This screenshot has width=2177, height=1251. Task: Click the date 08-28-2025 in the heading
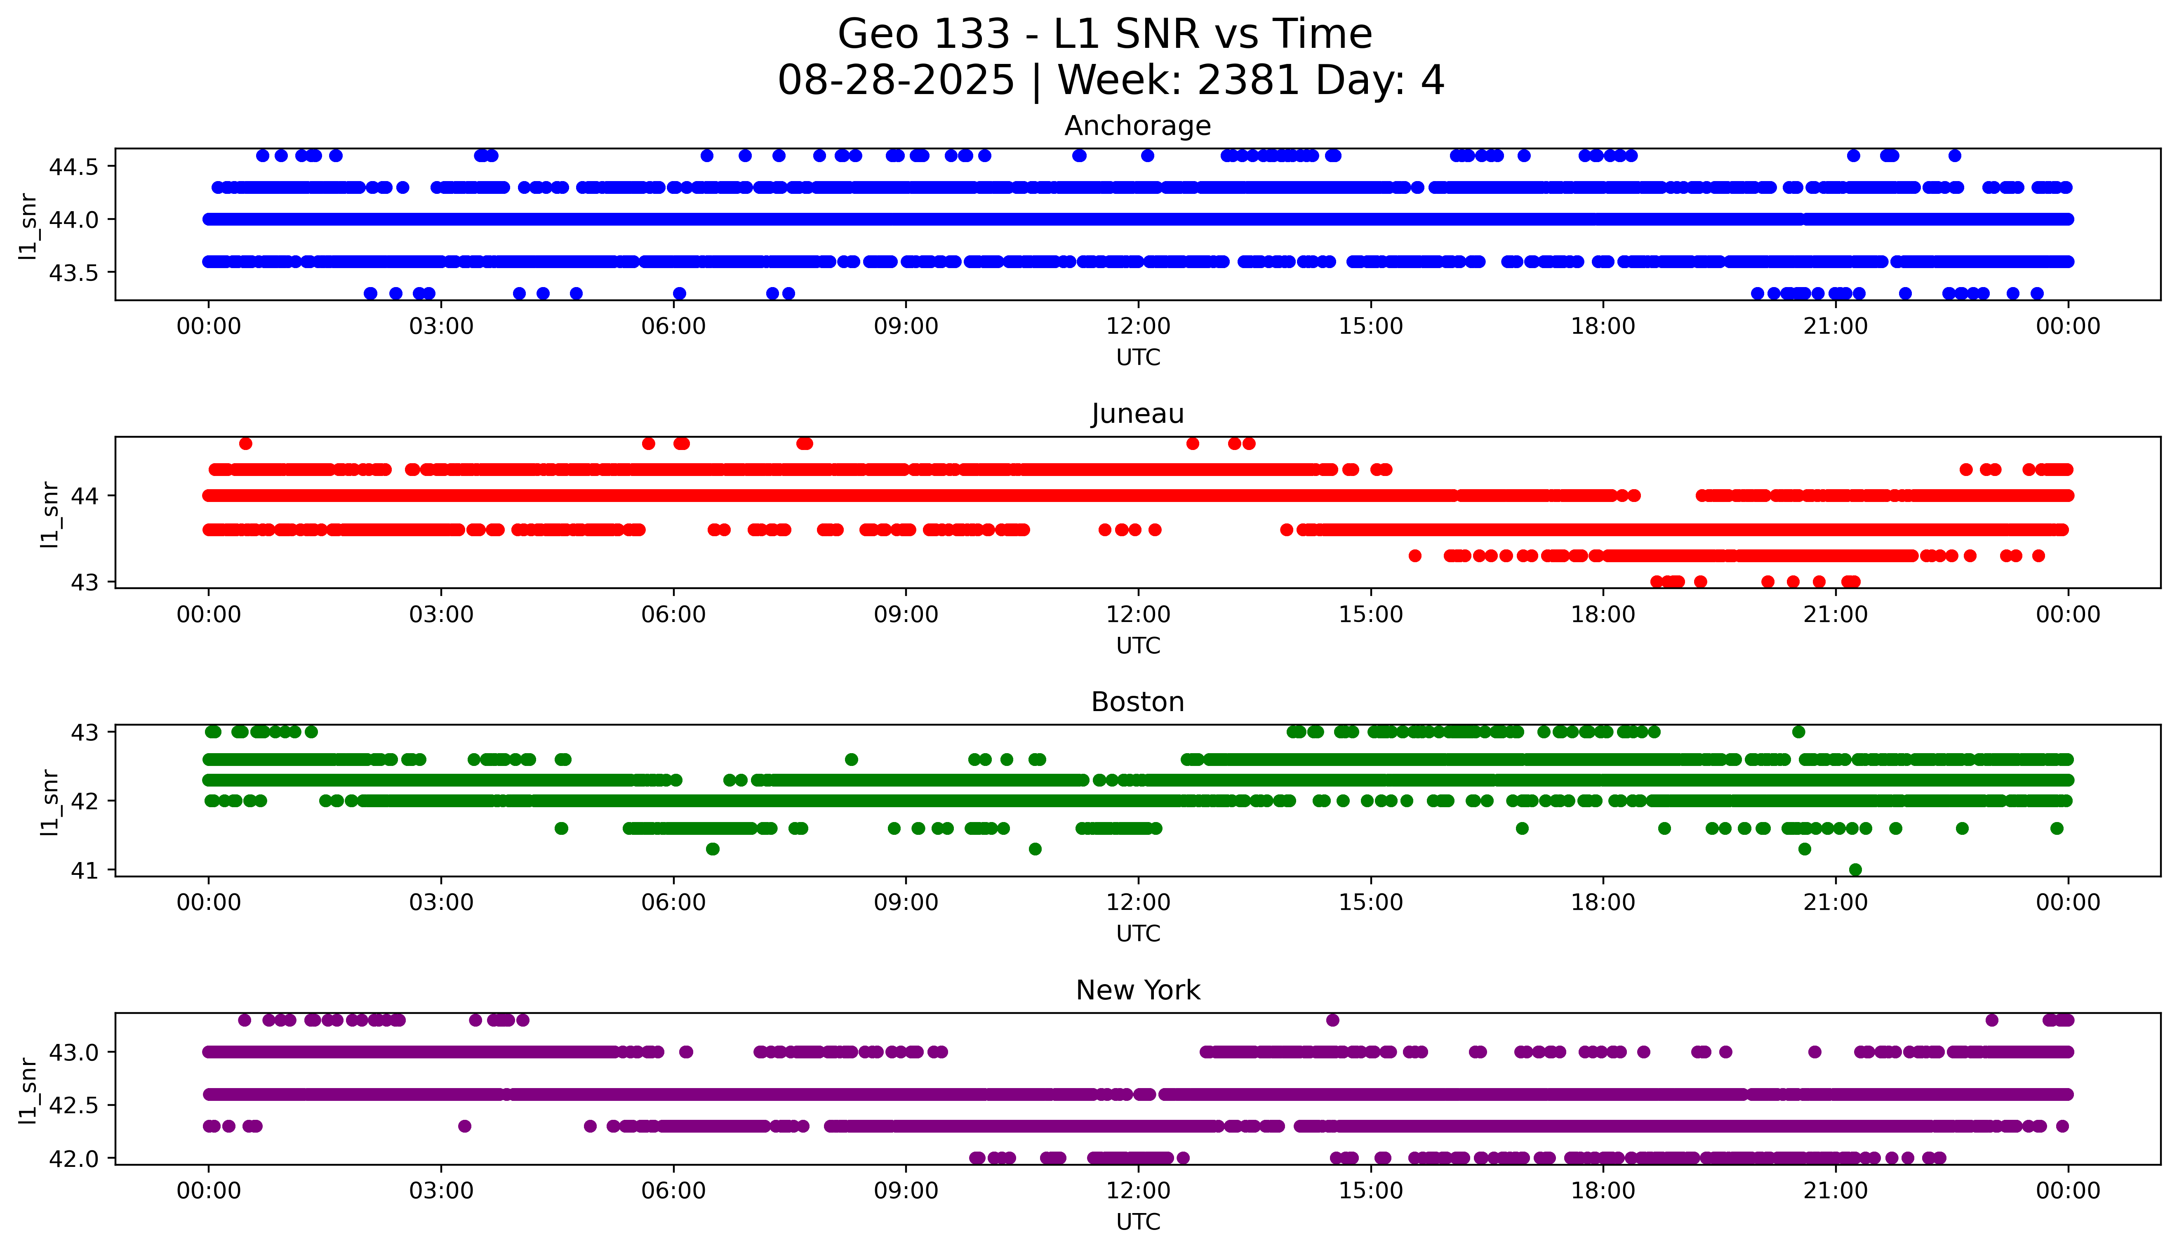896,81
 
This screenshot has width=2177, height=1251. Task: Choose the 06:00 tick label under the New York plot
673,1191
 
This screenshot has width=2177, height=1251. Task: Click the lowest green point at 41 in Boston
1855,869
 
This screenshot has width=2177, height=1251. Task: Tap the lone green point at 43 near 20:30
1798,732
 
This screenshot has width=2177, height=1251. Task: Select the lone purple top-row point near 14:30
1332,1020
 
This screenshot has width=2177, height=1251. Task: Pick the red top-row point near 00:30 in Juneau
246,443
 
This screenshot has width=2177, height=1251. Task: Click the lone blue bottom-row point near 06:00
679,293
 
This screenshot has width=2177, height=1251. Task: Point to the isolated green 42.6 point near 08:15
851,759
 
